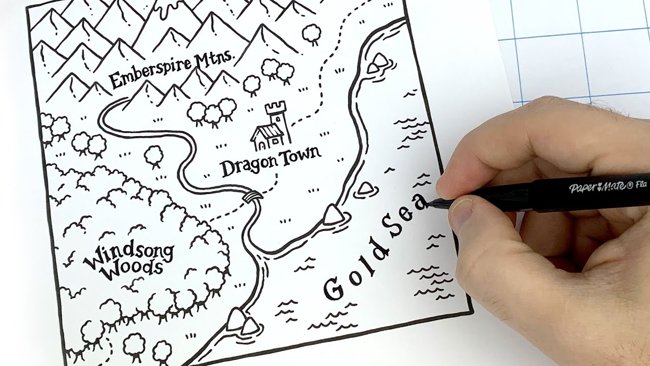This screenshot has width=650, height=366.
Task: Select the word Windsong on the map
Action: [128, 254]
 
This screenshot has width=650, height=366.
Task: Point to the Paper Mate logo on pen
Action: [597, 187]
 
